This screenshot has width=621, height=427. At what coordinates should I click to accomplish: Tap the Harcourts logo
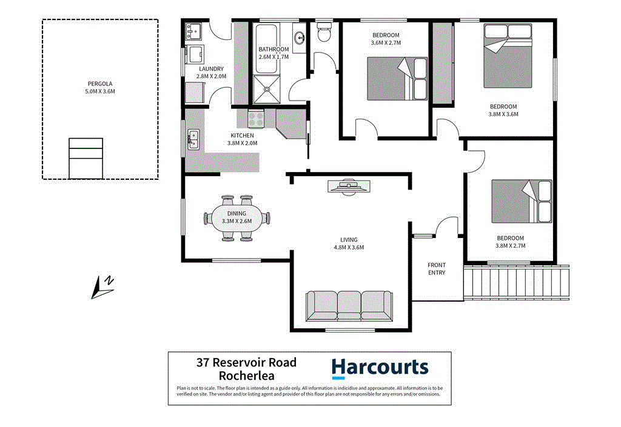click(x=380, y=368)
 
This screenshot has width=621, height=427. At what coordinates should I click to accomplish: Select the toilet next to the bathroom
click(x=324, y=31)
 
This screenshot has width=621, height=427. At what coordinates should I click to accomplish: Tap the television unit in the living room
click(x=348, y=187)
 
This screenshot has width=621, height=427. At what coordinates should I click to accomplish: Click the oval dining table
click(x=237, y=217)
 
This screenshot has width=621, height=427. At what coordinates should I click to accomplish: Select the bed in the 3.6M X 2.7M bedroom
click(x=397, y=78)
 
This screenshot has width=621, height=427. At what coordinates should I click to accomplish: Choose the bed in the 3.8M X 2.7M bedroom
click(x=521, y=201)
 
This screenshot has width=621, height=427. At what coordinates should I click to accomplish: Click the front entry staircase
click(x=517, y=282)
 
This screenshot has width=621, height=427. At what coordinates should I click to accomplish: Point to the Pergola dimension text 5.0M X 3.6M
click(x=100, y=91)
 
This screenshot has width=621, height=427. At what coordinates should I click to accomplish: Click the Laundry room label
click(x=212, y=69)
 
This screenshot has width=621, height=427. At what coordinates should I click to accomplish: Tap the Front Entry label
click(x=437, y=269)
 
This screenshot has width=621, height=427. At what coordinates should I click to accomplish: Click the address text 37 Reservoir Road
click(x=246, y=363)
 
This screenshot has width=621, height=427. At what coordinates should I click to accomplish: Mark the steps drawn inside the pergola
click(x=86, y=158)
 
